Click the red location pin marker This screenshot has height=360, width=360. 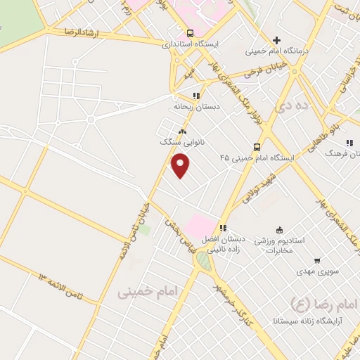181,167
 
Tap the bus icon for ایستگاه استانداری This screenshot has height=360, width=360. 189,32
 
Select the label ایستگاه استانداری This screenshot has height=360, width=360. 191,44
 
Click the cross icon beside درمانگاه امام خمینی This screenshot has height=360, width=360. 277,40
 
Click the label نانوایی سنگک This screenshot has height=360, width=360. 182,141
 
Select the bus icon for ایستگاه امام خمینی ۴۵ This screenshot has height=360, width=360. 257,147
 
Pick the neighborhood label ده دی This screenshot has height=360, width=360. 292,107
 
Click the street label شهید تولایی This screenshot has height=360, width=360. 259,186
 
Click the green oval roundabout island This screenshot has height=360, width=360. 203,262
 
